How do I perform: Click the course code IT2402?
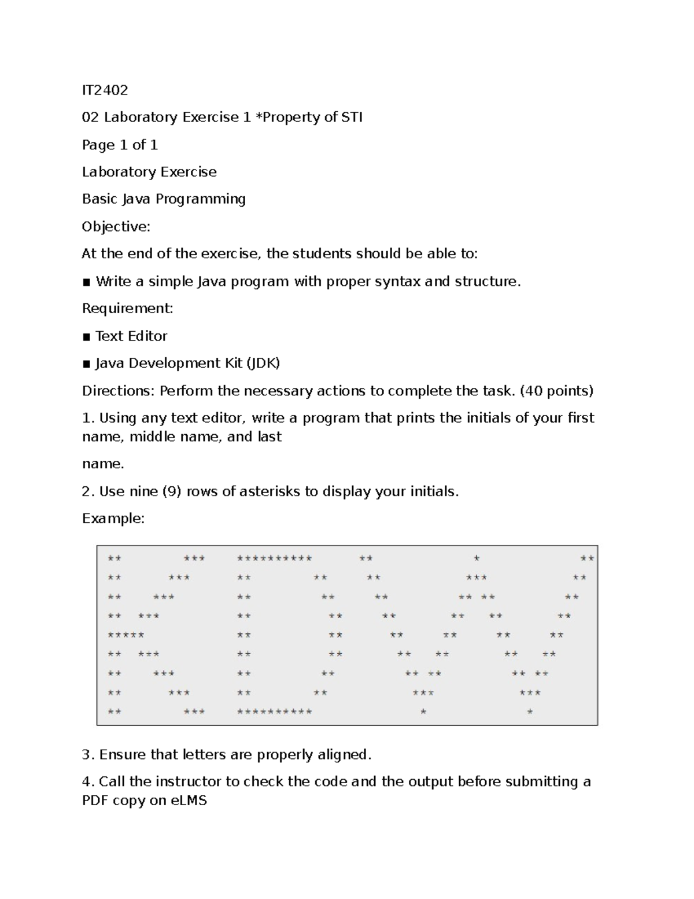click(105, 90)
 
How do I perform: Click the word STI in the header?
click(352, 118)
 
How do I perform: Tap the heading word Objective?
click(116, 226)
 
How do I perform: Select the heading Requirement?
click(127, 309)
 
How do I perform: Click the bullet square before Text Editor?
click(87, 337)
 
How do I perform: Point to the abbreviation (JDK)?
click(263, 364)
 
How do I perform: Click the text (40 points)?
click(556, 391)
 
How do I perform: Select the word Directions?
click(118, 391)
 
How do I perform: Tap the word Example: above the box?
click(113, 518)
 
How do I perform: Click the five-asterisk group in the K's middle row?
click(126, 635)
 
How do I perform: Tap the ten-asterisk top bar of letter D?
click(274, 559)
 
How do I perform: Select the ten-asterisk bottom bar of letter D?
click(274, 711)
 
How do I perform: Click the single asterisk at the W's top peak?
click(477, 559)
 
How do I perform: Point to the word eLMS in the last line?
click(189, 801)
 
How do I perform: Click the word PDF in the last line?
click(95, 801)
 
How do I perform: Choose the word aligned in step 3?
click(345, 755)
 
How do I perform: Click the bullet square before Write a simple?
click(87, 282)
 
